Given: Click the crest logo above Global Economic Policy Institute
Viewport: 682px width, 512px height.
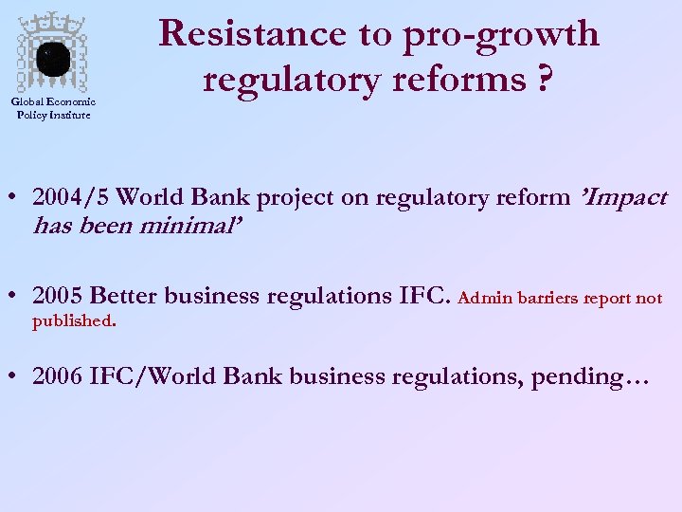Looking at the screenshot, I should (54, 55).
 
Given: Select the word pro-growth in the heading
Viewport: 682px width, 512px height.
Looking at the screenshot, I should (501, 35).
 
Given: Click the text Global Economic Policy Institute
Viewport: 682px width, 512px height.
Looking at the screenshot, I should (54, 109).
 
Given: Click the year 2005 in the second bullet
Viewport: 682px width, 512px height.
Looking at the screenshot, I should (58, 296).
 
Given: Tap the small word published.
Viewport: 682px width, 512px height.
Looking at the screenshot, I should (74, 321).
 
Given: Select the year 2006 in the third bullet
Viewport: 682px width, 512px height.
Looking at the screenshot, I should (58, 376).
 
